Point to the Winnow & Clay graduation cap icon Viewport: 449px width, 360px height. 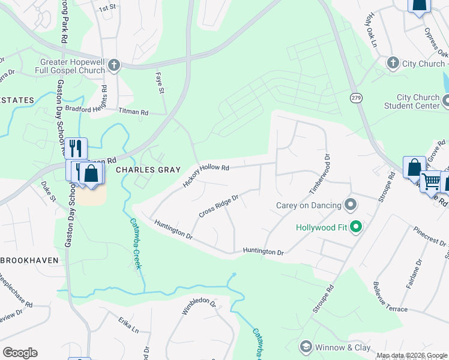[x=306, y=347]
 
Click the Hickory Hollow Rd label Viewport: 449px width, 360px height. [x=206, y=175]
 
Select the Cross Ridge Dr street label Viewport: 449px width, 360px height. [x=219, y=206]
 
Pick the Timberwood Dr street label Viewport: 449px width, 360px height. [x=320, y=173]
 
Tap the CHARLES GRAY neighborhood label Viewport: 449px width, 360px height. [x=148, y=170]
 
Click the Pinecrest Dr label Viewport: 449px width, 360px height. [x=430, y=237]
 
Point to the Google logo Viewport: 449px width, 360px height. [x=20, y=353]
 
